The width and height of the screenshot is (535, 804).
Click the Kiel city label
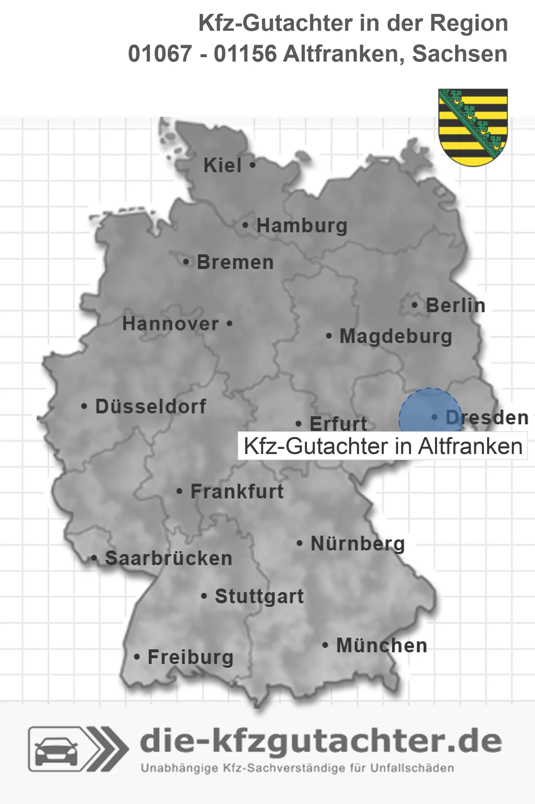(x=222, y=165)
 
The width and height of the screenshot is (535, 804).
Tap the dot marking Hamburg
(x=246, y=225)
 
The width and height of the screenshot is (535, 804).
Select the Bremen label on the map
(x=235, y=262)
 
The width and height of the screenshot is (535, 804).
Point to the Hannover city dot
(x=230, y=324)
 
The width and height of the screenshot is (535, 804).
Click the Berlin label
(x=455, y=305)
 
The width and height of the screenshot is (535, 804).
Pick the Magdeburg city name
(x=396, y=336)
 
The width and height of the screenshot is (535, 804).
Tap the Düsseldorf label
(x=151, y=406)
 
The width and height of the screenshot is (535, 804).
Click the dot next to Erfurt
(x=299, y=424)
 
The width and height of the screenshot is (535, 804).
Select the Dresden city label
(x=487, y=417)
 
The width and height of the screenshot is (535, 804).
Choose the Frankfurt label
(x=237, y=491)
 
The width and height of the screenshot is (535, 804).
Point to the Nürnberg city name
(x=358, y=543)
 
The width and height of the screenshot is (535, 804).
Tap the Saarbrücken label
(x=169, y=558)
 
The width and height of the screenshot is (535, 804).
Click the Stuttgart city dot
(x=204, y=596)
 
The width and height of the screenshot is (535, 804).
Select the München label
(x=382, y=645)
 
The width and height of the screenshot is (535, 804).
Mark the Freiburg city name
(x=191, y=657)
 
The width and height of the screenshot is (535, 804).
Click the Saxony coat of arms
(x=473, y=127)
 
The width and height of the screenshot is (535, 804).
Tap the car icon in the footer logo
(x=56, y=751)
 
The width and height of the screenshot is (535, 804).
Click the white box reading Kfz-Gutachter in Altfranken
(x=383, y=446)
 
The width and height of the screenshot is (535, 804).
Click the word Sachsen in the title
(x=460, y=54)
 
